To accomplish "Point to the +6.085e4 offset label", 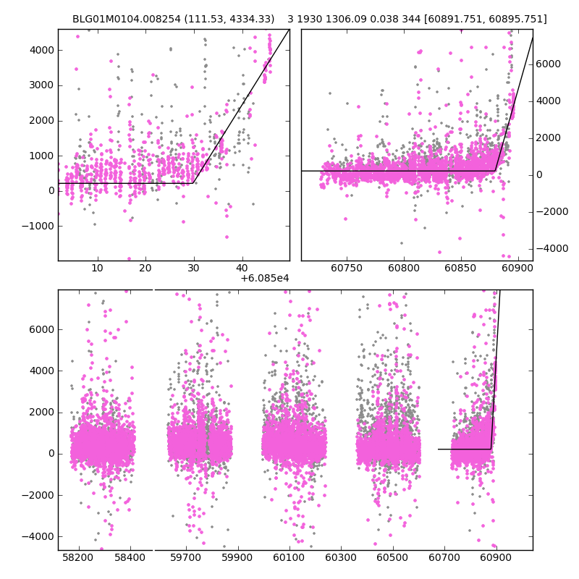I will coord(265,277).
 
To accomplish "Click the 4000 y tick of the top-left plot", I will coord(42,50).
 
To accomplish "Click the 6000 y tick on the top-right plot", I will coord(549,64).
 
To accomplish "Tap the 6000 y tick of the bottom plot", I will coord(42,329).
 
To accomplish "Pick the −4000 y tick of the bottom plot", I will coord(40,536).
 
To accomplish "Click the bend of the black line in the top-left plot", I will coord(193,183).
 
